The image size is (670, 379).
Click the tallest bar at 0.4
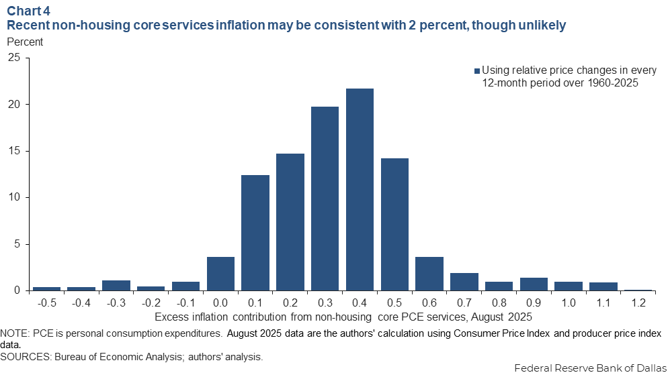(x=360, y=189)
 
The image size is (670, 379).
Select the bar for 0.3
(x=325, y=199)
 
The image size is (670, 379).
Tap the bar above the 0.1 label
(x=255, y=233)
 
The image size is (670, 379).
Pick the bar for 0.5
(x=394, y=224)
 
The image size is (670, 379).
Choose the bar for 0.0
(x=220, y=274)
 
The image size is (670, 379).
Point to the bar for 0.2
(x=290, y=222)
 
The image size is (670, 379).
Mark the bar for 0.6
(x=429, y=274)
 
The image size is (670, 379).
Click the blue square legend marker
(x=477, y=70)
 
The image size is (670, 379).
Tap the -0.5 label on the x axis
(x=46, y=303)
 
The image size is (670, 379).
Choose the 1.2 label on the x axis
(x=638, y=303)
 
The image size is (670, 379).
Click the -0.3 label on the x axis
(x=116, y=303)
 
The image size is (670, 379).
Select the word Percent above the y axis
(x=25, y=42)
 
